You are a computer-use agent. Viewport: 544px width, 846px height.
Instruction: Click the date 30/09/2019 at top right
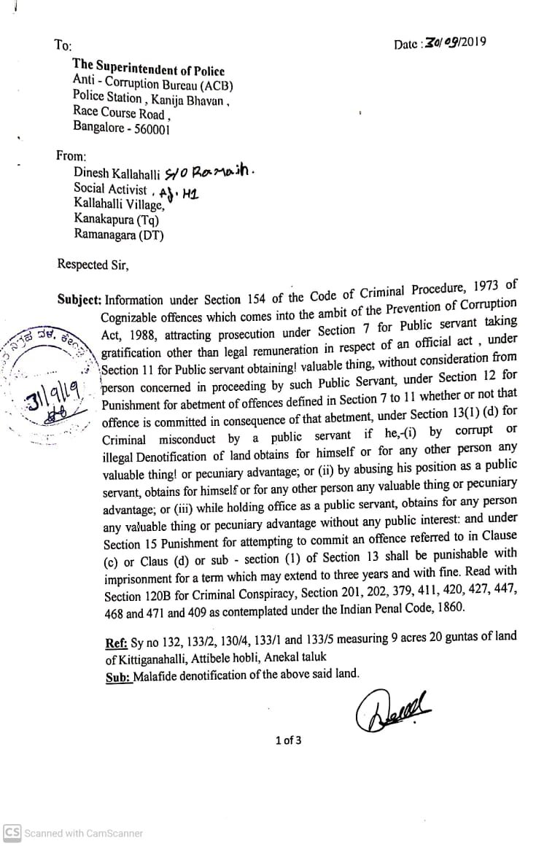pos(455,43)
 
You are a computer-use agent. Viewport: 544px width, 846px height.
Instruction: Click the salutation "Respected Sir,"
pos(93,265)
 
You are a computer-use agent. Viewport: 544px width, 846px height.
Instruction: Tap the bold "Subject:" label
pos(80,300)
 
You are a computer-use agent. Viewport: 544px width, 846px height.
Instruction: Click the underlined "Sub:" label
pos(118,675)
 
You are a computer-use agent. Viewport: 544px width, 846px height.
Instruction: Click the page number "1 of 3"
pos(288,740)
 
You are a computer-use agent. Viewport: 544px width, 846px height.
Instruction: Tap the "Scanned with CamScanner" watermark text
pos(83,833)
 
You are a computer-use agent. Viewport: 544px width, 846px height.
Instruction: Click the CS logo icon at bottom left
pos(12,833)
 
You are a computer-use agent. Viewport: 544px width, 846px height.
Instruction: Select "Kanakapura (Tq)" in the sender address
pos(116,220)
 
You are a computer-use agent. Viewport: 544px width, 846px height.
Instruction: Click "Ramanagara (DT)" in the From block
pos(118,235)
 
